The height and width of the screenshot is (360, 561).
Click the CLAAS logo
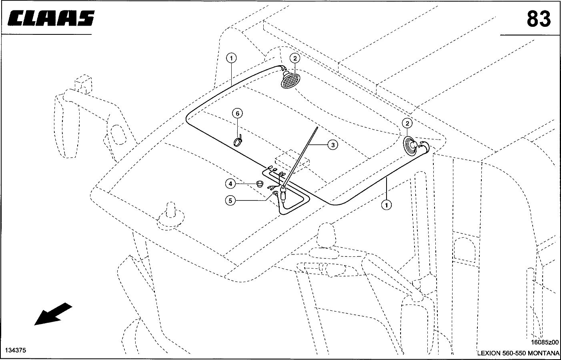tap(51, 19)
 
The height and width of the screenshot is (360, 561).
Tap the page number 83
tap(539, 18)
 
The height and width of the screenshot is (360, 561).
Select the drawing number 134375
tap(16, 350)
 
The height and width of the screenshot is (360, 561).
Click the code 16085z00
tap(545, 342)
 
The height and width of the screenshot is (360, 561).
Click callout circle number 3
tap(333, 145)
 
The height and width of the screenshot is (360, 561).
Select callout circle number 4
tap(230, 184)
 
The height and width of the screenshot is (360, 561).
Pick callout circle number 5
tap(230, 200)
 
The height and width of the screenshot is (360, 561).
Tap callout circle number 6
tap(237, 114)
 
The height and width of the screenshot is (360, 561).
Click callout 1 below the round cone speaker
tap(386, 205)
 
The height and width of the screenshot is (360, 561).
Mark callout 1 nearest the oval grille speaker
tap(231, 58)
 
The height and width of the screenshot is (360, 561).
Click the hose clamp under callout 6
tap(239, 141)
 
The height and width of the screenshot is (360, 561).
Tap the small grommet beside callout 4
tap(260, 184)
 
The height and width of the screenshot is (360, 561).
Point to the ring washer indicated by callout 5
tap(275, 194)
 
